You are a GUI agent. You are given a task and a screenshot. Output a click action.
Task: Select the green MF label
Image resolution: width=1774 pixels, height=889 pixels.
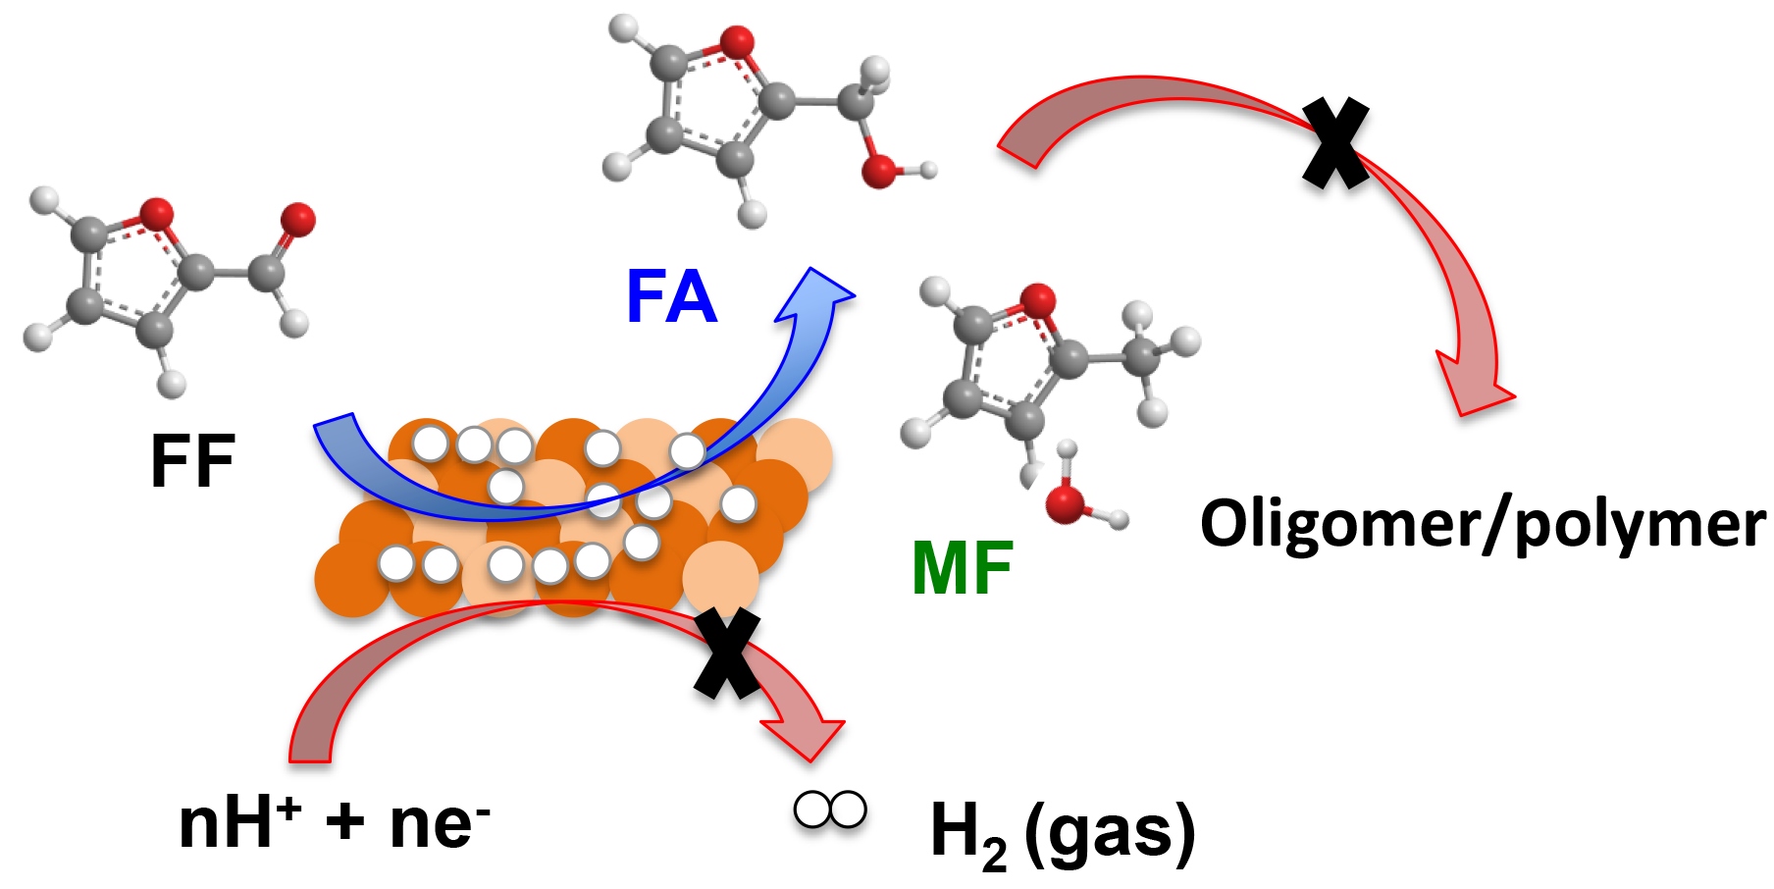(x=962, y=568)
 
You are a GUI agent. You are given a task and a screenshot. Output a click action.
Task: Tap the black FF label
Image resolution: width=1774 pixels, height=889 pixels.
(x=192, y=460)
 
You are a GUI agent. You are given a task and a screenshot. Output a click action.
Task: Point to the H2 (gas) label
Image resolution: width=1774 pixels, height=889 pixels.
(x=1062, y=834)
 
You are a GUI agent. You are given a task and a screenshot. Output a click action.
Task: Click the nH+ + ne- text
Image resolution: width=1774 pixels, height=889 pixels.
(x=335, y=822)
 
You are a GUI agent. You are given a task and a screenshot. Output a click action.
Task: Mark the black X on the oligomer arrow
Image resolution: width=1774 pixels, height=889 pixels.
(x=1335, y=143)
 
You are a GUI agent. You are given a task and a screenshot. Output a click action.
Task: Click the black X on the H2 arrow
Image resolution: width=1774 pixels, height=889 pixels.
(x=727, y=653)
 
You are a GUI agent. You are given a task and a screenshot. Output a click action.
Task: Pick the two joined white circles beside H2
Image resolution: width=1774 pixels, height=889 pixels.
(x=830, y=810)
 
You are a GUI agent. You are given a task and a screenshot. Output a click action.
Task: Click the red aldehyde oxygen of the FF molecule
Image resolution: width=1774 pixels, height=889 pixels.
(x=297, y=219)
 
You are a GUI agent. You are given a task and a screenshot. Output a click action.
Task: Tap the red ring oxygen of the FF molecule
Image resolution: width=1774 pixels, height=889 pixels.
(x=156, y=214)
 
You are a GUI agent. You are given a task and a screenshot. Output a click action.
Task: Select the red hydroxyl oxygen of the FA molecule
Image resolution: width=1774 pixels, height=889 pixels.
(x=879, y=171)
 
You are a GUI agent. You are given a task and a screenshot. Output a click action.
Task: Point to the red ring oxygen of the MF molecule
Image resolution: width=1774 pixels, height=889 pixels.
(x=1037, y=299)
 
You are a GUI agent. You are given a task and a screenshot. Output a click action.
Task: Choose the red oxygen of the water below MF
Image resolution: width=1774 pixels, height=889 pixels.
(x=1066, y=503)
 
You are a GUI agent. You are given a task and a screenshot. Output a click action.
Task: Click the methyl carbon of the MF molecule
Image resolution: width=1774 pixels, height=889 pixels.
(x=1140, y=355)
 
